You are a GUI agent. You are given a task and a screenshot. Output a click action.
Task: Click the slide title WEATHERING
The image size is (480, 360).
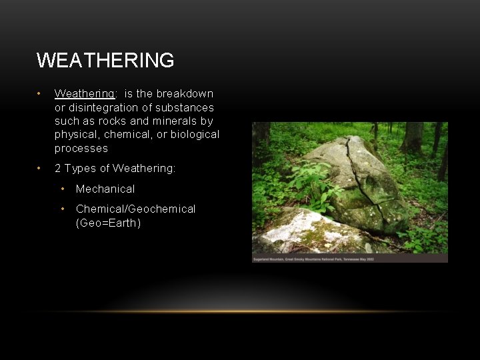click(x=105, y=61)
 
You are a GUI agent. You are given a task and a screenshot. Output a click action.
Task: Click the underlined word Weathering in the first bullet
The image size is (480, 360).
click(x=84, y=94)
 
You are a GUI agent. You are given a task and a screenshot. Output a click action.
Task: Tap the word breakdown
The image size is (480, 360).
click(x=185, y=94)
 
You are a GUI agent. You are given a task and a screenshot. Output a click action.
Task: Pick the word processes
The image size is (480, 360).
click(x=81, y=148)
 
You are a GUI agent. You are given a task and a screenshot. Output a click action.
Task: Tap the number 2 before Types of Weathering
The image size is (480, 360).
click(x=58, y=169)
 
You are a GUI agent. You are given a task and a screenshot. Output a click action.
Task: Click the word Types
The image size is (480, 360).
click(x=79, y=169)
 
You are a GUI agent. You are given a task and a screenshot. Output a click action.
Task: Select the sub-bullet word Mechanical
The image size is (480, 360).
click(x=105, y=189)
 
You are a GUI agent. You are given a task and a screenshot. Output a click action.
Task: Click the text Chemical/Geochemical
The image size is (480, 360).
click(x=135, y=209)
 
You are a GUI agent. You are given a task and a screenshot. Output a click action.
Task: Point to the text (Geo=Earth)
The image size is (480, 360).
click(x=108, y=223)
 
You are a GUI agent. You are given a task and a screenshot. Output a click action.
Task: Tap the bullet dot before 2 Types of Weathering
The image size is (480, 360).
click(x=40, y=169)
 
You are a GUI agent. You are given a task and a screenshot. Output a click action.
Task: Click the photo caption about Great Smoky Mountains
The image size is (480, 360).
click(x=313, y=259)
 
